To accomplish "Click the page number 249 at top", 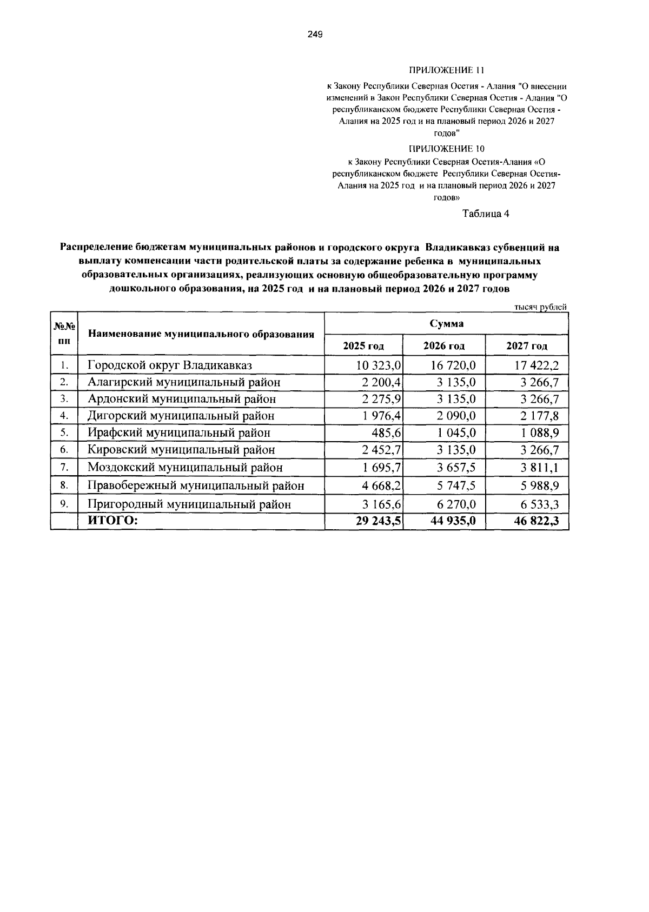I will [315, 35].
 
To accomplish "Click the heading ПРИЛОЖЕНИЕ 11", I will [446, 70].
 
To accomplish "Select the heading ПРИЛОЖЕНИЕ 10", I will [446, 149].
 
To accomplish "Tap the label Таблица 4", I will [485, 214].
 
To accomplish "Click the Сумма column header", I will [446, 324].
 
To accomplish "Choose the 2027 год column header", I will [527, 346].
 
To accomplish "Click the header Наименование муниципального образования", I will [201, 334].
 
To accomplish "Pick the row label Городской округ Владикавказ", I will [170, 365].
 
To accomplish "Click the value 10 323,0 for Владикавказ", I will [378, 365].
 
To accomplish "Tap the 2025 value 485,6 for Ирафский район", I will [385, 433].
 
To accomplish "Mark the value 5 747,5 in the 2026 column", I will [456, 485].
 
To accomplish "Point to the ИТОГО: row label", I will [113, 521].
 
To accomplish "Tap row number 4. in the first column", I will [64, 416].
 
